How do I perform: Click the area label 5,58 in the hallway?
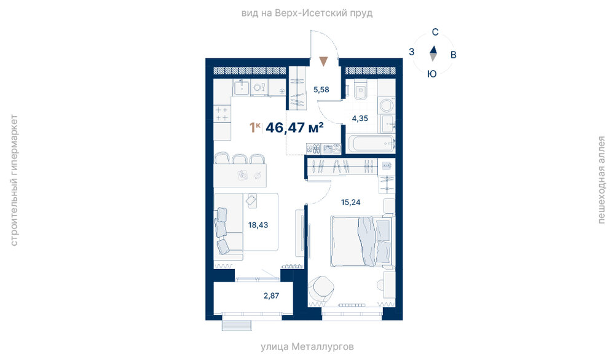coord(321,90)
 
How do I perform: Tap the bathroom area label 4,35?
coord(360,118)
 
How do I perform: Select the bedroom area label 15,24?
coord(350,202)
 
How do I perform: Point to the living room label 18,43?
coord(258,225)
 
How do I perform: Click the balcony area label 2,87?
coord(272,295)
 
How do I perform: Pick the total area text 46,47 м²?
coord(294,127)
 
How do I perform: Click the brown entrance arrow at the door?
coord(323,61)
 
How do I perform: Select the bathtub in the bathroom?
coord(371,144)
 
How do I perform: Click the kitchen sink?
coord(242,87)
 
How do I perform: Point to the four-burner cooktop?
coord(222,114)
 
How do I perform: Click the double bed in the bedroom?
coord(361,241)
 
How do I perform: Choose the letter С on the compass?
coord(435,32)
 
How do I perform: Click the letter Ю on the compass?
coord(432,74)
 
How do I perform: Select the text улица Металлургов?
coord(307,346)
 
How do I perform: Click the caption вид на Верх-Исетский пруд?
coord(307,14)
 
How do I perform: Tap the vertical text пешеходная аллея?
coord(602,180)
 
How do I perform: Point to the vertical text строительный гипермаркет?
coord(14,180)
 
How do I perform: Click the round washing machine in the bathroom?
coord(387,106)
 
